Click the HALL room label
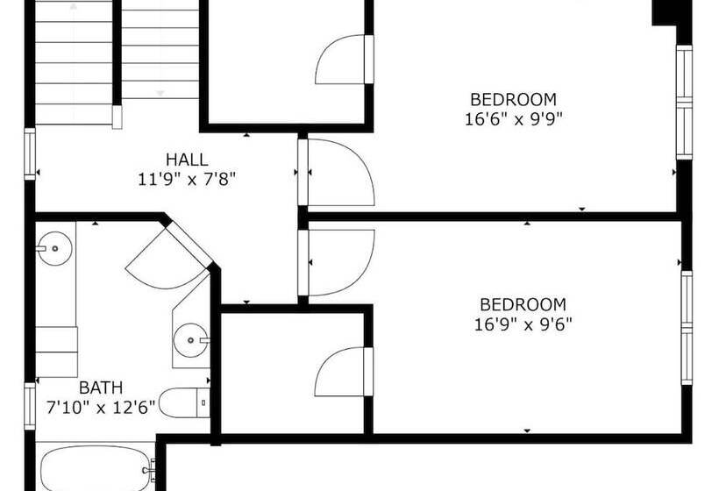[188, 160]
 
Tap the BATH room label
[101, 387]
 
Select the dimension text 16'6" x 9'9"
[513, 119]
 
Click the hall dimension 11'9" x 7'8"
[188, 179]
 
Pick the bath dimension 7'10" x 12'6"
[101, 406]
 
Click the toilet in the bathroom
[187, 402]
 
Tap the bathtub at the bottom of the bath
[96, 468]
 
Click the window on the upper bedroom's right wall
[684, 101]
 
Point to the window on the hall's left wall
[31, 153]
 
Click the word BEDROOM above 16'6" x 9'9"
[513, 99]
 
